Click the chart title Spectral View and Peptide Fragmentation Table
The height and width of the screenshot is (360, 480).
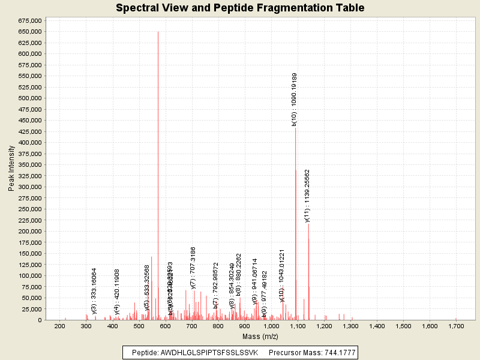(x=240, y=8)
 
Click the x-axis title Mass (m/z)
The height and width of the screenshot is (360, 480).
(x=260, y=338)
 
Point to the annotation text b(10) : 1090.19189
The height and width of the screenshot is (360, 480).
(x=295, y=99)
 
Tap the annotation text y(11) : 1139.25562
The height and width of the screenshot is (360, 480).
(x=307, y=196)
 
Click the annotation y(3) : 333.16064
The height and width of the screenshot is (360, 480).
(x=95, y=291)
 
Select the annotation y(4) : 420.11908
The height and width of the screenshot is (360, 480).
(x=118, y=292)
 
